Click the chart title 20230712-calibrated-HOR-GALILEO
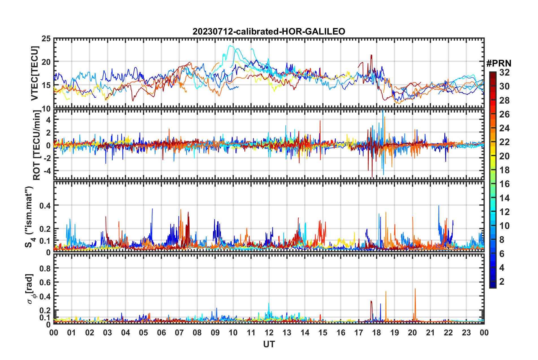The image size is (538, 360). tap(269, 31)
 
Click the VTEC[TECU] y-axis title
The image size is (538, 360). tap(35, 74)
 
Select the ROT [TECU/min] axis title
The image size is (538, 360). tap(36, 145)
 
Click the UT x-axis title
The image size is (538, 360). tap(269, 344)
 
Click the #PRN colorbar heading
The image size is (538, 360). tap(498, 63)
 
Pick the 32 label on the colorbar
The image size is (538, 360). tap(504, 72)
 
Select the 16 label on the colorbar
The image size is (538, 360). tap(504, 184)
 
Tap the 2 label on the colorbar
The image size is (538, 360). tap(502, 282)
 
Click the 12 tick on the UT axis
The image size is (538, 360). tap(269, 333)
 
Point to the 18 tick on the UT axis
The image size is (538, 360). tap(376, 333)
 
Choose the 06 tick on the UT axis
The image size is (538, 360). tap(161, 333)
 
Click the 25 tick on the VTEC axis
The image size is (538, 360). tap(46, 38)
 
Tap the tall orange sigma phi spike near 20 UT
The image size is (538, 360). tap(415, 289)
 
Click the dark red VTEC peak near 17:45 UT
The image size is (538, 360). tap(371, 55)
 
